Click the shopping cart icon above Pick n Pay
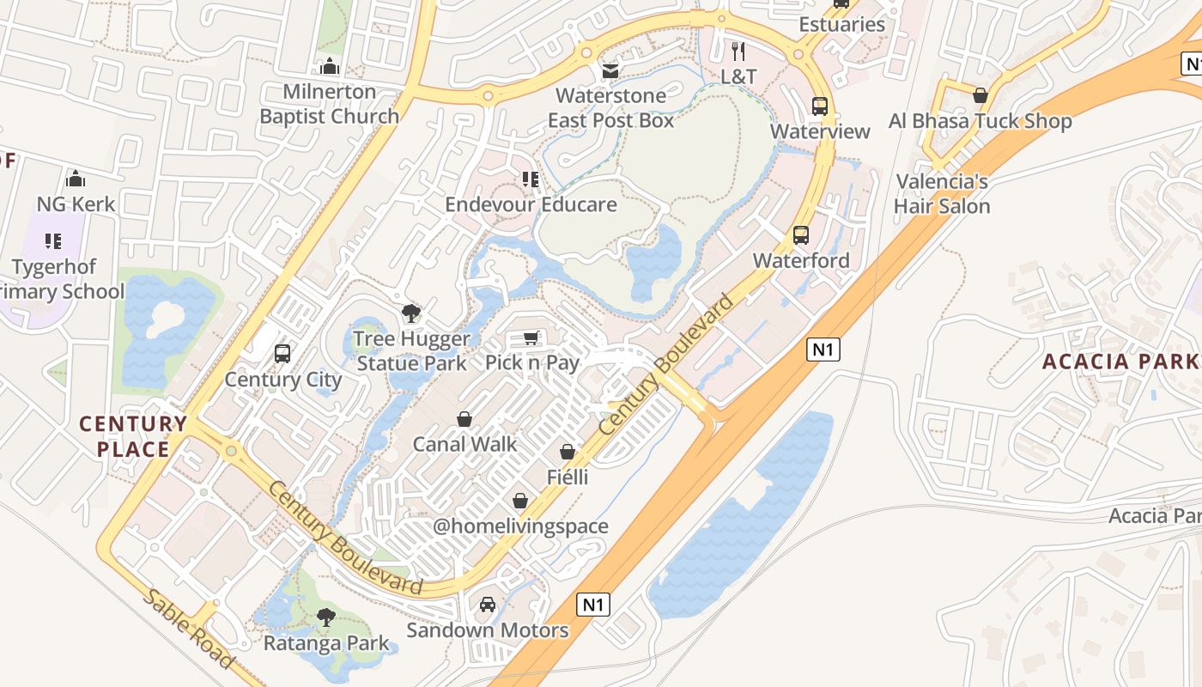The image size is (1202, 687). coord(531,337)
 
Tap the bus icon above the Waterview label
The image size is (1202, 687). coord(820,106)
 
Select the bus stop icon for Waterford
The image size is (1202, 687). coord(801,235)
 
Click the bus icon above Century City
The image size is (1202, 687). coord(282,354)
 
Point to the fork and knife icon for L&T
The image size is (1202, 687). coord(738,51)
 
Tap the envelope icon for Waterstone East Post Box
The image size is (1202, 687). coord(610,70)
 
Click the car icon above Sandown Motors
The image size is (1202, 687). coord(488,605)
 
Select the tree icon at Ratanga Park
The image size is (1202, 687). coord(325,617)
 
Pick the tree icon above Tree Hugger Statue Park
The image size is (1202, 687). coord(412,313)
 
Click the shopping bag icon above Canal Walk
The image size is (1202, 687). coord(464,419)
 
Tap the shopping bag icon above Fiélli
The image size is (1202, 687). coord(568,452)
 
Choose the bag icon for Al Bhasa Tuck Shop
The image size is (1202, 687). coord(980,95)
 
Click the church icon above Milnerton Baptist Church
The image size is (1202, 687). coord(330,66)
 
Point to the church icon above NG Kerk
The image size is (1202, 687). coord(76,179)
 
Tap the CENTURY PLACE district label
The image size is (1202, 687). coord(133,436)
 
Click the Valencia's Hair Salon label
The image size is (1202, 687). coord(942,194)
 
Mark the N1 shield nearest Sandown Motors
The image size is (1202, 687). coord(593,605)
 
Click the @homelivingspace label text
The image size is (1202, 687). coord(520,526)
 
